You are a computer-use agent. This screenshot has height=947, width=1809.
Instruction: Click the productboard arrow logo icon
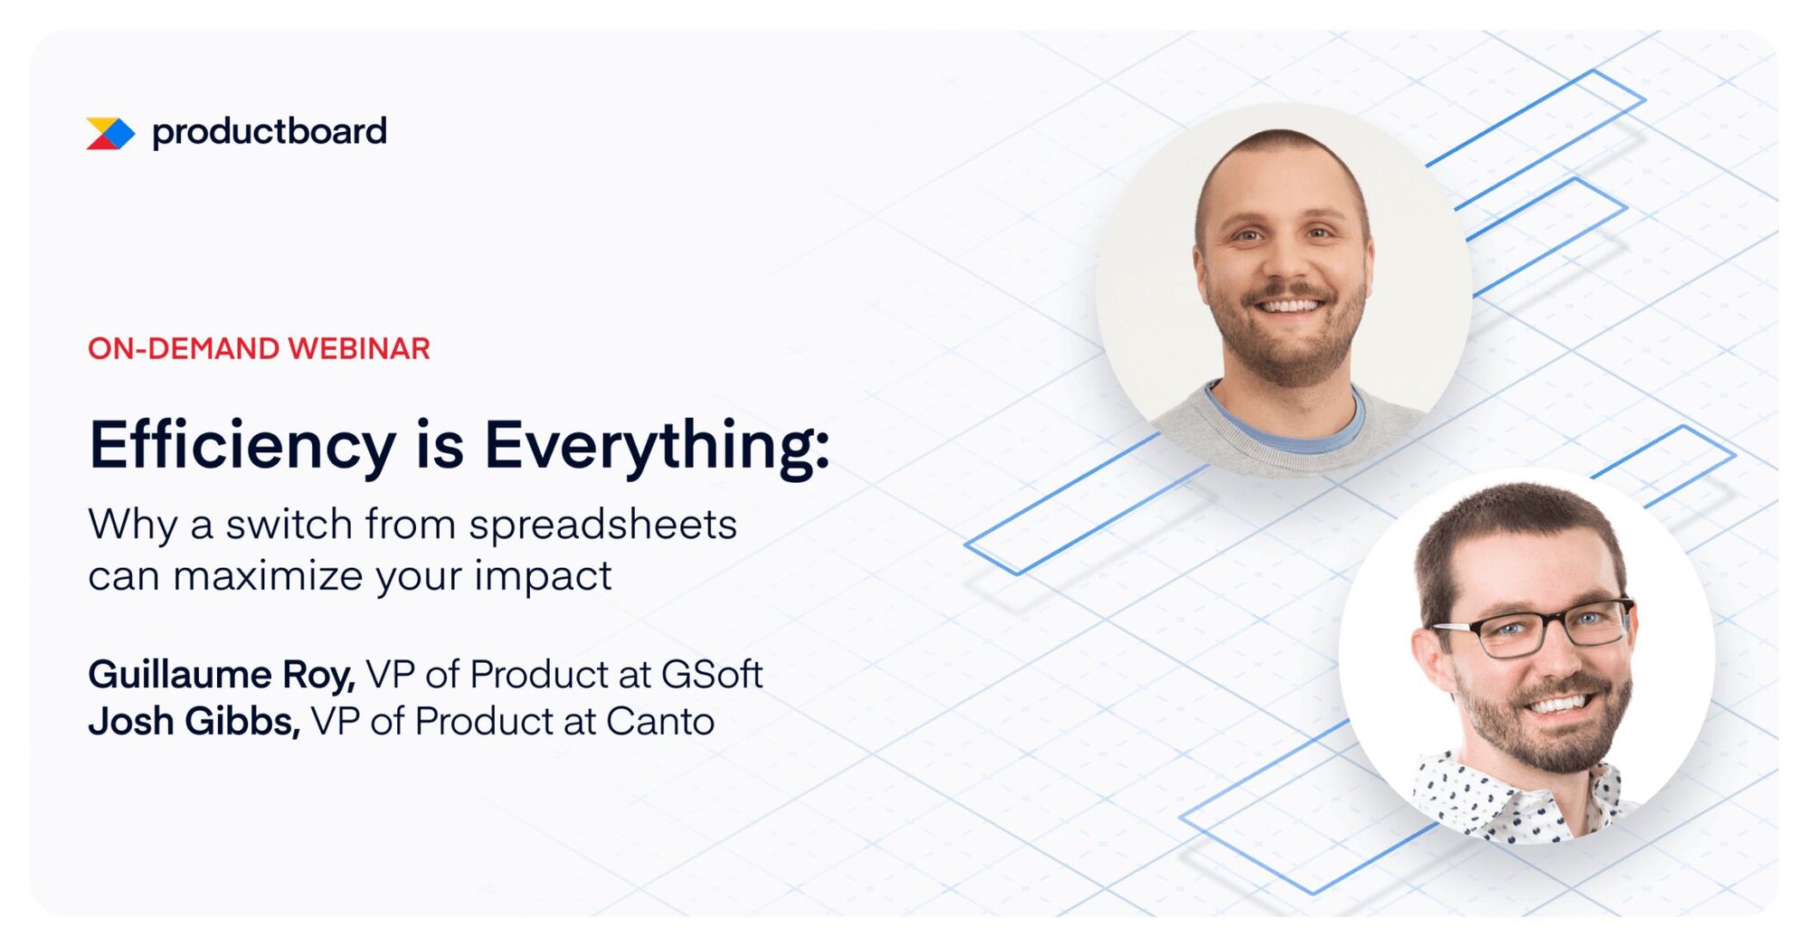110,133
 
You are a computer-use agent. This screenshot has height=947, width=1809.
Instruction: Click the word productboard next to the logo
270,132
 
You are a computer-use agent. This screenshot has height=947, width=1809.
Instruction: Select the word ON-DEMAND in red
184,349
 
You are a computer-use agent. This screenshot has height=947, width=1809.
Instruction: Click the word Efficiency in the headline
242,446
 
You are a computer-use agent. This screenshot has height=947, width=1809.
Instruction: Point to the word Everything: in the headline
657,446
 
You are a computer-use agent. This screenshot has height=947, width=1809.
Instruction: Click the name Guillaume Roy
221,675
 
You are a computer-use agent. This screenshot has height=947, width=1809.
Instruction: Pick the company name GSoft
712,675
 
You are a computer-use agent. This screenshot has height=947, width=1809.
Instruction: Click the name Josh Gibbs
194,722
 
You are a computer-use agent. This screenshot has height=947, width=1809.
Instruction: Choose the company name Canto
659,722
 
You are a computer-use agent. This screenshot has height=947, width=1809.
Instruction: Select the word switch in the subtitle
289,525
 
